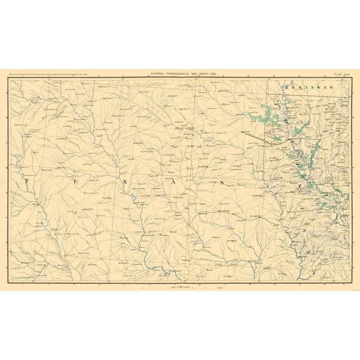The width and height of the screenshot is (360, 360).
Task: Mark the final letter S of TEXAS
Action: coord(221,181)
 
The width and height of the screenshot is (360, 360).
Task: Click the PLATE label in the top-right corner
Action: coord(337,74)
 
